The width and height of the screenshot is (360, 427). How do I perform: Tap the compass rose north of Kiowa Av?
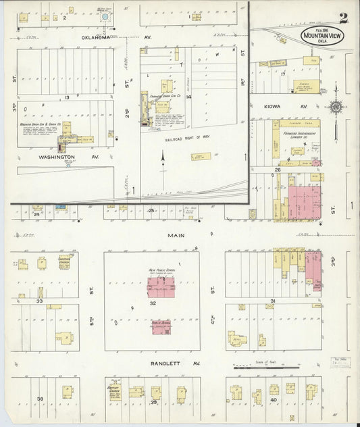[x=336, y=106]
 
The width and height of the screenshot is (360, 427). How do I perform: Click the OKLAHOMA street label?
[x=95, y=38]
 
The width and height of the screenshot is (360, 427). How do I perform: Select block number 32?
[x=153, y=304]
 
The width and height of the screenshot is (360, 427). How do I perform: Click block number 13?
[x=67, y=97]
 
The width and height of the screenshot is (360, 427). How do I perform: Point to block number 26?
[x=278, y=170]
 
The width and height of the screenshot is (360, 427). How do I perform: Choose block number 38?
[x=40, y=399]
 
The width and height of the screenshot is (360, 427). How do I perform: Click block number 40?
[x=274, y=399]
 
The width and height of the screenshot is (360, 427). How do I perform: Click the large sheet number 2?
[x=344, y=18]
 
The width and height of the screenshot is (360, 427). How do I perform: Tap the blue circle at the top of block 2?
[x=105, y=14]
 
